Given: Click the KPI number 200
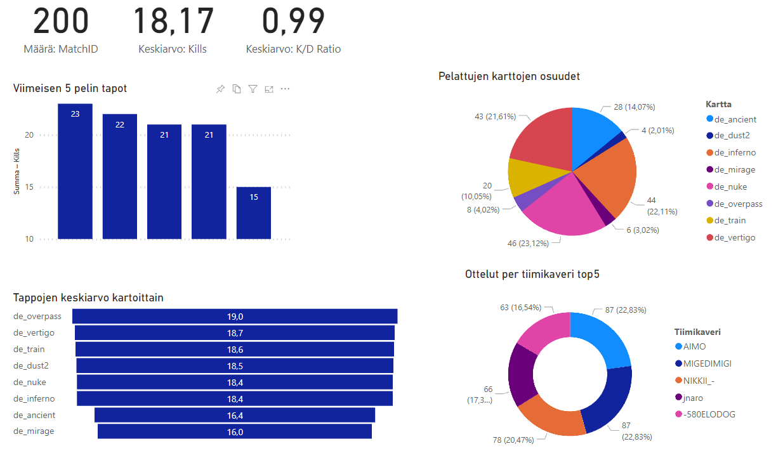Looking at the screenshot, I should tap(61, 20).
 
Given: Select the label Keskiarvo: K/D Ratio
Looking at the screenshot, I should tap(293, 49).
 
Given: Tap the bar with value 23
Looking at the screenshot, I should tap(75, 171).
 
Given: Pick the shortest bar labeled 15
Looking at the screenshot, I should tap(254, 213).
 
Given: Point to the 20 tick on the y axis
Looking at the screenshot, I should tap(29, 135).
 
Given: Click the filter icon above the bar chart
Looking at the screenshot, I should tap(253, 89).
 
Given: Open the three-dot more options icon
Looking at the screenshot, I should tap(285, 89).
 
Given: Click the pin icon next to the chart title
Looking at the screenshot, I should tap(220, 89).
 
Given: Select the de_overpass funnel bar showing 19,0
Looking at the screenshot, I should tap(235, 316).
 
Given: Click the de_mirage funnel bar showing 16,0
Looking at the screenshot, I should tap(235, 431).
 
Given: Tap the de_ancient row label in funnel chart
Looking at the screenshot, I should tap(34, 415).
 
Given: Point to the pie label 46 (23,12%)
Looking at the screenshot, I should tap(541, 242).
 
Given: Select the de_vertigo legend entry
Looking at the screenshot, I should tap(735, 237).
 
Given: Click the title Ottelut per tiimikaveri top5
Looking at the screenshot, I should tap(532, 274).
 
